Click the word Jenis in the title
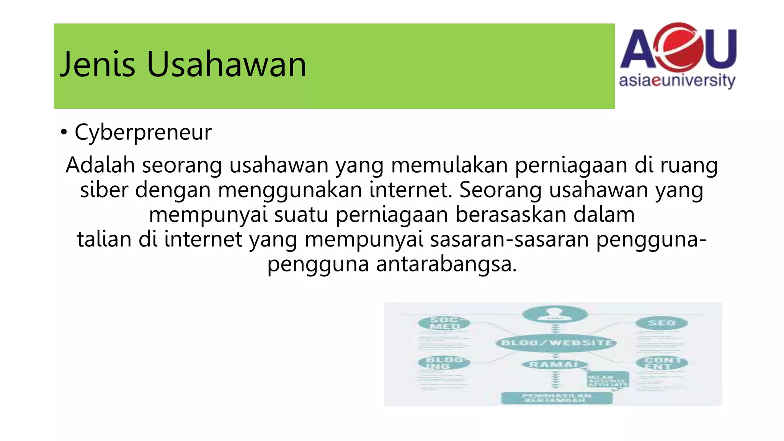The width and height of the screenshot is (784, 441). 98,64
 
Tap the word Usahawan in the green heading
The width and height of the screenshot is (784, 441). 226,64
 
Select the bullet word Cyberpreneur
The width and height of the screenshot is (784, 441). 143,132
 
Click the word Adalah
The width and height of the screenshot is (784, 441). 100,165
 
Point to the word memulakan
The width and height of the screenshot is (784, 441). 449,165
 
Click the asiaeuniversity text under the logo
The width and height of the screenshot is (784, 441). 677,81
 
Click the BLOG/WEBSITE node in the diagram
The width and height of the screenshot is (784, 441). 556,343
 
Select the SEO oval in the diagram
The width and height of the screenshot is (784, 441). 661,323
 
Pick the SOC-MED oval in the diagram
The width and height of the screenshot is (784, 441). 444,323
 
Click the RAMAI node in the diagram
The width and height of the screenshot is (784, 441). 554,364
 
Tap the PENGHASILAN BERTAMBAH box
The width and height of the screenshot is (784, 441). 557,398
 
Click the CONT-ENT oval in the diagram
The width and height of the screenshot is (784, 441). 661,363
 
